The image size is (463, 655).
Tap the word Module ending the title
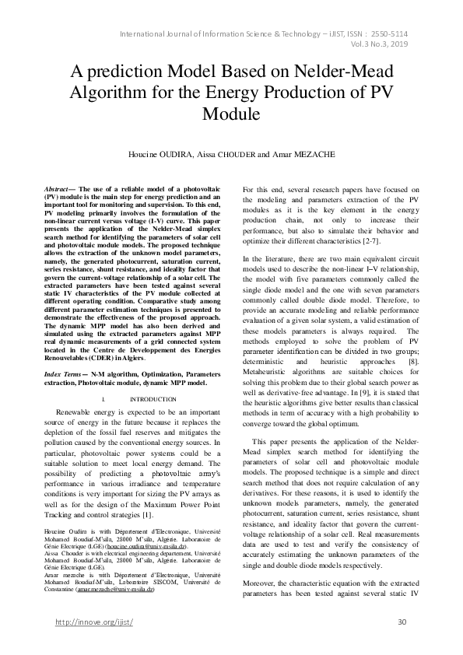pyautogui.click(x=231, y=114)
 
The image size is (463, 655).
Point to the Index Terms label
pyautogui.click(x=63, y=375)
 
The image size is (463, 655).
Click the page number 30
pyautogui.click(x=402, y=622)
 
